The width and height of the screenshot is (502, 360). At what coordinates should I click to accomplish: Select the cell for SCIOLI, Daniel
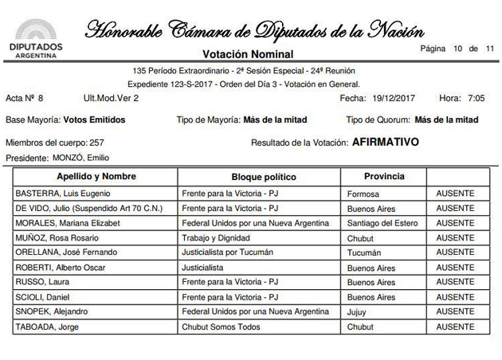(44, 296)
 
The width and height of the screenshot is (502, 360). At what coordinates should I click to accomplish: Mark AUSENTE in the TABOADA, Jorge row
(455, 326)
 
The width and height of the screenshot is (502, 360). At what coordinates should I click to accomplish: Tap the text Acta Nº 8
(25, 98)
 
